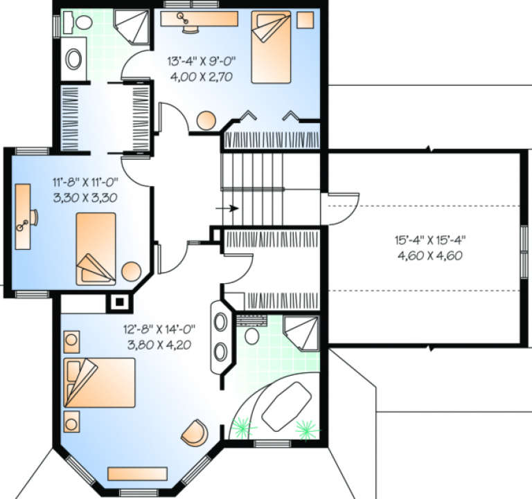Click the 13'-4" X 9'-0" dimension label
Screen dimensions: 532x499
point(201,62)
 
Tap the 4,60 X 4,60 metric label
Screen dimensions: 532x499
point(430,255)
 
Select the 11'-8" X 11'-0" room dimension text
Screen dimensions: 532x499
point(85,183)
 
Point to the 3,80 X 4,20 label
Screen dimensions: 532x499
point(159,345)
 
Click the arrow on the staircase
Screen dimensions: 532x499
point(227,208)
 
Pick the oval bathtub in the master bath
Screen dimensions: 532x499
point(287,406)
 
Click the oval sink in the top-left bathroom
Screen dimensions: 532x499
point(73,60)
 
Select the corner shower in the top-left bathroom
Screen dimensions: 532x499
point(132,27)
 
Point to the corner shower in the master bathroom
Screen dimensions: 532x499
point(301,333)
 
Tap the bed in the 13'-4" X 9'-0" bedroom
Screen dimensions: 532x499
point(271,47)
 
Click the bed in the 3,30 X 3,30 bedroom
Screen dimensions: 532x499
point(96,249)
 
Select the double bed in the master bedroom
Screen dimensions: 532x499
point(100,383)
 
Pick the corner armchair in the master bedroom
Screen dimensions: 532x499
point(195,433)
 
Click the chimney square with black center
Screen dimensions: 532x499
point(119,302)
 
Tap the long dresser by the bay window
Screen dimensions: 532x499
point(137,473)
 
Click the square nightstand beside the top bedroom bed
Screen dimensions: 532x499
point(305,20)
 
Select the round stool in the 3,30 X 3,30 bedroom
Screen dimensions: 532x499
point(132,271)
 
